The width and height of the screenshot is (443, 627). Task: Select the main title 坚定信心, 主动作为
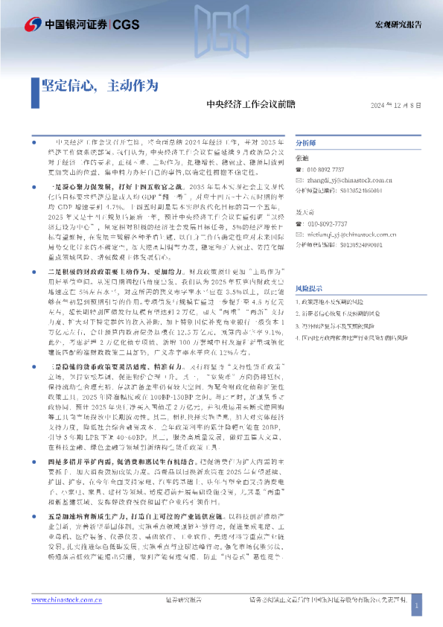point(100,85)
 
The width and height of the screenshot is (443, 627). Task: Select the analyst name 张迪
point(302,158)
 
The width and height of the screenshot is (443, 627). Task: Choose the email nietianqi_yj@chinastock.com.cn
point(347,233)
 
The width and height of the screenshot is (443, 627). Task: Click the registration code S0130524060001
point(356,191)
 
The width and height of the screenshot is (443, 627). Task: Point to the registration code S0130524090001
point(356,244)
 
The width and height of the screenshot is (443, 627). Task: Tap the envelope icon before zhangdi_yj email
point(299,180)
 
